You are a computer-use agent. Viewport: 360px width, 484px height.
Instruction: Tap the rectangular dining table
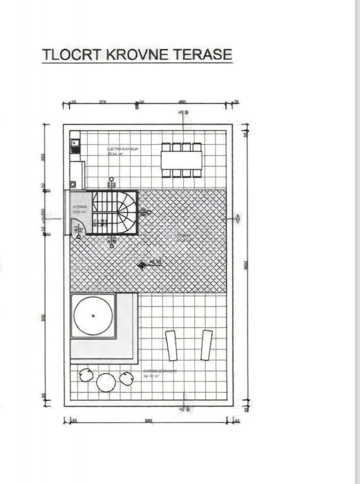[x=181, y=160]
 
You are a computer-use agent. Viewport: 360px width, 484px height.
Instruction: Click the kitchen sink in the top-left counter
[x=75, y=143]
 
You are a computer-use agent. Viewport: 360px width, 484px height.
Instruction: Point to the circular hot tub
[x=93, y=316]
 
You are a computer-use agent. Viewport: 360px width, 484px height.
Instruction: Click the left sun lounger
[x=172, y=346]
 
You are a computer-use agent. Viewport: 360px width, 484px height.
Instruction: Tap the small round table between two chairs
[x=106, y=382]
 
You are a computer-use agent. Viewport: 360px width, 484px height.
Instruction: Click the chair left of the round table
[x=86, y=375]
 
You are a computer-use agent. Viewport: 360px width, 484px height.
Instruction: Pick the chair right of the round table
[x=126, y=378]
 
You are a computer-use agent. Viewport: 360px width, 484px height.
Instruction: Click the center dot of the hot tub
[x=93, y=316]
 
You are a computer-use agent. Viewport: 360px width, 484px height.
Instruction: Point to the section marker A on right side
[x=238, y=219]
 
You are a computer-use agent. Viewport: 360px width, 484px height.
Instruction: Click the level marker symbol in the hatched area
[x=142, y=265]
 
